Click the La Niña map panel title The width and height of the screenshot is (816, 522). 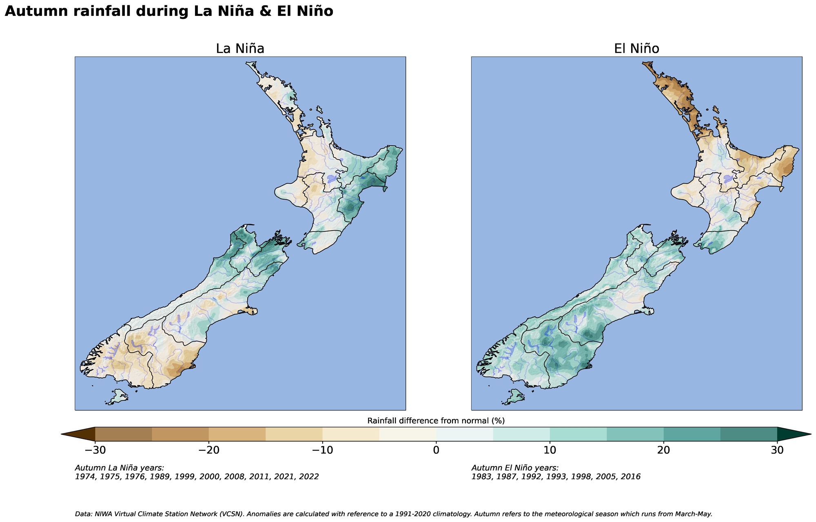[x=240, y=49]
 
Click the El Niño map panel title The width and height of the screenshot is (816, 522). [x=636, y=49]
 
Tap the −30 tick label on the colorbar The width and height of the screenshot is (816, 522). [x=95, y=450]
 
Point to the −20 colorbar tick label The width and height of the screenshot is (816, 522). [x=208, y=450]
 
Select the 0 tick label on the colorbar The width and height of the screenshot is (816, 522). [x=436, y=450]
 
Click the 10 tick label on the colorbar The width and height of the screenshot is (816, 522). [x=550, y=450]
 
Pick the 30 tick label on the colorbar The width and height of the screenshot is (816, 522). [x=777, y=450]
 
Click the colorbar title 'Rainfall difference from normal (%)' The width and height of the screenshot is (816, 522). [x=436, y=421]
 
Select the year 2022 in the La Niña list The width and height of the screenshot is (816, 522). [x=309, y=477]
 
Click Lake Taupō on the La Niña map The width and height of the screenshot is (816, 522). [x=331, y=179]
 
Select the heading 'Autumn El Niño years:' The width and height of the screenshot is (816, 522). [x=515, y=468]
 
